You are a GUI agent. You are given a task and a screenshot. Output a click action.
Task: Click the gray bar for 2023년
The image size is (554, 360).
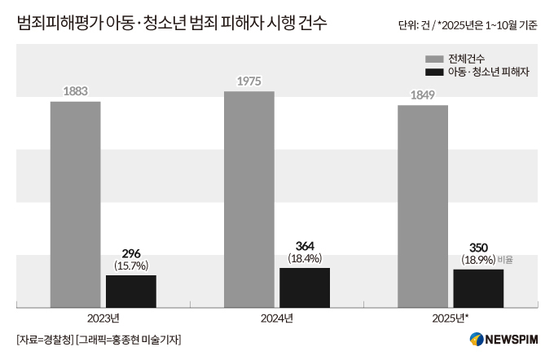(x=75, y=204)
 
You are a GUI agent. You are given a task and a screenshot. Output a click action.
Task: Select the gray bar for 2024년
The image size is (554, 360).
(x=248, y=199)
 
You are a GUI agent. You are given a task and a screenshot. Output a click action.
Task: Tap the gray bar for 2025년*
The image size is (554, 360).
(x=422, y=205)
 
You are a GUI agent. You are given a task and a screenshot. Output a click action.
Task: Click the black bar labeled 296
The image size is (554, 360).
(x=130, y=291)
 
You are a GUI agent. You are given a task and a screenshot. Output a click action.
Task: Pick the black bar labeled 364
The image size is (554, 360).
(x=304, y=288)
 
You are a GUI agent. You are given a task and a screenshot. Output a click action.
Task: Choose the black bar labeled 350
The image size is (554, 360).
(x=477, y=288)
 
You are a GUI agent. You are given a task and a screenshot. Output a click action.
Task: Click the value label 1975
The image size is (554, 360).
(x=248, y=81)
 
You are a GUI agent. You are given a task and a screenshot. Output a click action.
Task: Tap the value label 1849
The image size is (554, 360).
(x=422, y=95)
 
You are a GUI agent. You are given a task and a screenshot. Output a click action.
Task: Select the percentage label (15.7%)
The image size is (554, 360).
(x=130, y=266)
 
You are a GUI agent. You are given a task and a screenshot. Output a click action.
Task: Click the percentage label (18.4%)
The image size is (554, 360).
(x=304, y=258)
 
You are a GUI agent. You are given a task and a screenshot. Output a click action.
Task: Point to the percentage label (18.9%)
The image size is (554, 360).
(x=477, y=260)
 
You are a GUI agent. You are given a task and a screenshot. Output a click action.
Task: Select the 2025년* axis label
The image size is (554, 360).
(x=450, y=318)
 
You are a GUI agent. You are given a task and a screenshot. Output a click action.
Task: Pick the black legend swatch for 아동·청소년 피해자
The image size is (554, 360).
(x=433, y=72)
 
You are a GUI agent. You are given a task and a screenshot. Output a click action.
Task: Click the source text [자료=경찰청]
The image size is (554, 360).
(x=45, y=340)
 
